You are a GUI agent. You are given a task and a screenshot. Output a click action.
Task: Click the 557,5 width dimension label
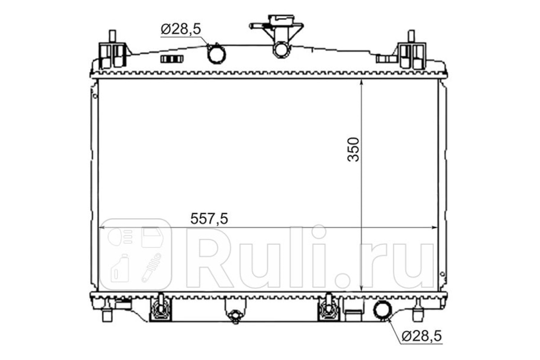[x=209, y=219]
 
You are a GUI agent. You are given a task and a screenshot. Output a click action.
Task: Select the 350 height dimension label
[x=353, y=149]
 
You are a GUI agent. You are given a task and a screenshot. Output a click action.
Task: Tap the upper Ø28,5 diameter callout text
[x=181, y=29]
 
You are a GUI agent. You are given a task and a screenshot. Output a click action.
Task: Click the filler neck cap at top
[x=282, y=19]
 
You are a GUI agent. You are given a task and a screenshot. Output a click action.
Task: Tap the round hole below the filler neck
[x=281, y=50]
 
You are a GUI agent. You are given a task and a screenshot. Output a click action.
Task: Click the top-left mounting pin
[x=112, y=36]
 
